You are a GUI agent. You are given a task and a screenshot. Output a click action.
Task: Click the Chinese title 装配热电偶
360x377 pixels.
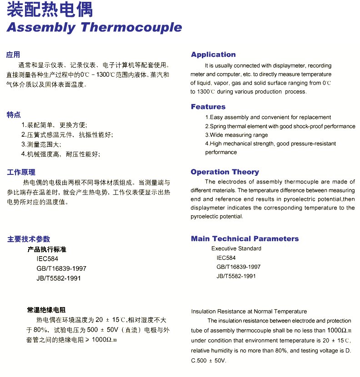pos(50,10)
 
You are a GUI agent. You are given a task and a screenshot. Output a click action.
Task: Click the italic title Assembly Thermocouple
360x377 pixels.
pos(94,27)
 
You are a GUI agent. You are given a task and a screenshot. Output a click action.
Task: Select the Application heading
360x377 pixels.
pos(213,55)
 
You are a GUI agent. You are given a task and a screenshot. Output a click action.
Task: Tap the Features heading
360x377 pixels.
pos(208,107)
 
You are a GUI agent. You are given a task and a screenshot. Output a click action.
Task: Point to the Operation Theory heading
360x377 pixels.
pos(225,172)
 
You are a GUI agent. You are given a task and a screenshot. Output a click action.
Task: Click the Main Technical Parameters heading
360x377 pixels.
pos(245,239)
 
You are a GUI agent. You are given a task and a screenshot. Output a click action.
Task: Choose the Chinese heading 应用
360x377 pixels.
pos(13,55)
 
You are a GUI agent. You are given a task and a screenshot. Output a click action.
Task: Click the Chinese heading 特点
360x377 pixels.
pos(14,115)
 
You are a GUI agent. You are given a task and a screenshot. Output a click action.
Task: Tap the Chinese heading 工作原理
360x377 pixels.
pos(21,173)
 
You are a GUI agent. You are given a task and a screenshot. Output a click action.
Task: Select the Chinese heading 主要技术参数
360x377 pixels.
pos(29,239)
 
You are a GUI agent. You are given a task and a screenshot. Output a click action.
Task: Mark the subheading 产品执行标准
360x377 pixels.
pos(47,249)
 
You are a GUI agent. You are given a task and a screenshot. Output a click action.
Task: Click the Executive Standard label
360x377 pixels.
pos(236,248)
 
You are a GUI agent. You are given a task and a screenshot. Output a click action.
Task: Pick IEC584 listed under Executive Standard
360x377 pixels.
pos(226,258)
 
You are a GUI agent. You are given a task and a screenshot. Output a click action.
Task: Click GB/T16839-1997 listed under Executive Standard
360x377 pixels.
pos(239,267)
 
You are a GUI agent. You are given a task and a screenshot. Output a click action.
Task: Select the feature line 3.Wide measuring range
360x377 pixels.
pos(236,135)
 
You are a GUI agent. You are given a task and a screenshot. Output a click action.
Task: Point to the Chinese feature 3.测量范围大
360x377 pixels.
pos(41,144)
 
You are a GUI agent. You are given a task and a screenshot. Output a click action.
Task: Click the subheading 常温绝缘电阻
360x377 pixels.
pos(46,310)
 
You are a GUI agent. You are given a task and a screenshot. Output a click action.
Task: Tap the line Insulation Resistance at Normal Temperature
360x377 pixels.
pos(249,312)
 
